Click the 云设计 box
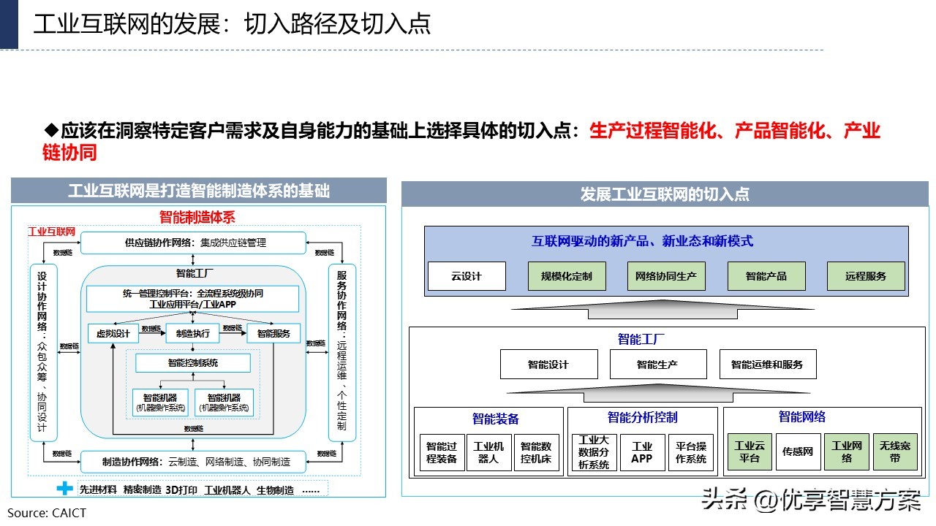467,277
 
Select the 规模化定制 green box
566,277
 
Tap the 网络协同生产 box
666,277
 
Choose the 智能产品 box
766,277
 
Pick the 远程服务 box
866,277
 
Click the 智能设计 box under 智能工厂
548,364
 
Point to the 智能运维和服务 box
767,364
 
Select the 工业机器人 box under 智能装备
488,452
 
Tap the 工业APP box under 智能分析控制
642,452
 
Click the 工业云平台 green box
749,452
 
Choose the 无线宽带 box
895,452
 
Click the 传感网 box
798,452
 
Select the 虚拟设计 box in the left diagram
113,334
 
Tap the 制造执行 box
193,334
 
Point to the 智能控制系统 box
193,363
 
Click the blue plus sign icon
66,489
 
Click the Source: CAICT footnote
47,513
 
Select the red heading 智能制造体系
197,217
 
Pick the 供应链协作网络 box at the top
193,243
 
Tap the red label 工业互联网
52,232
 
